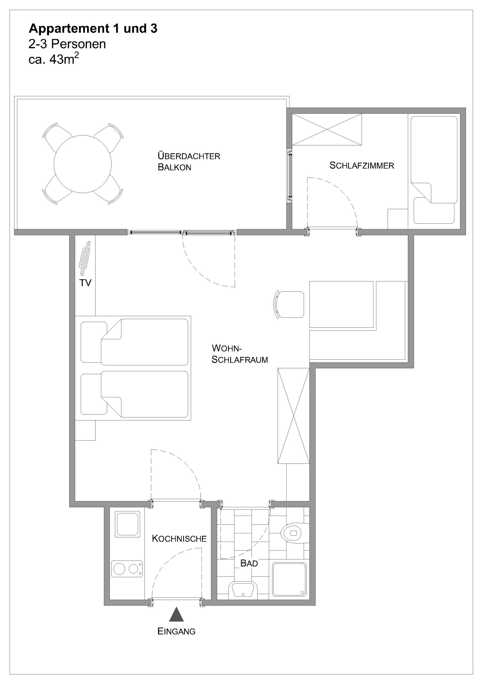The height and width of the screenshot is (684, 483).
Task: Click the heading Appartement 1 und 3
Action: pos(93,29)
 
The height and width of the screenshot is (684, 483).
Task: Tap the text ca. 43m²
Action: pos(54,59)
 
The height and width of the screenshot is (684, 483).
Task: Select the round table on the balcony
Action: pos(83,164)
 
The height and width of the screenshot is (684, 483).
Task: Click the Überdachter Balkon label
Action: pos(189,161)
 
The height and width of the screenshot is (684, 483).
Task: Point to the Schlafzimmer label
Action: pos(362,165)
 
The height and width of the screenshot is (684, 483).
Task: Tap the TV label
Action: pos(85,283)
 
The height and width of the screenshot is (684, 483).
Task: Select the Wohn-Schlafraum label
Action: pos(239,354)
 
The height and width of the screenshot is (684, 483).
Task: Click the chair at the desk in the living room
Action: pos(289,305)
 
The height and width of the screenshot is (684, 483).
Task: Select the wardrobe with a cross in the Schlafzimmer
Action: pos(327,130)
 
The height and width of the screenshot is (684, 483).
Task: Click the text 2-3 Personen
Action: pos(67,44)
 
